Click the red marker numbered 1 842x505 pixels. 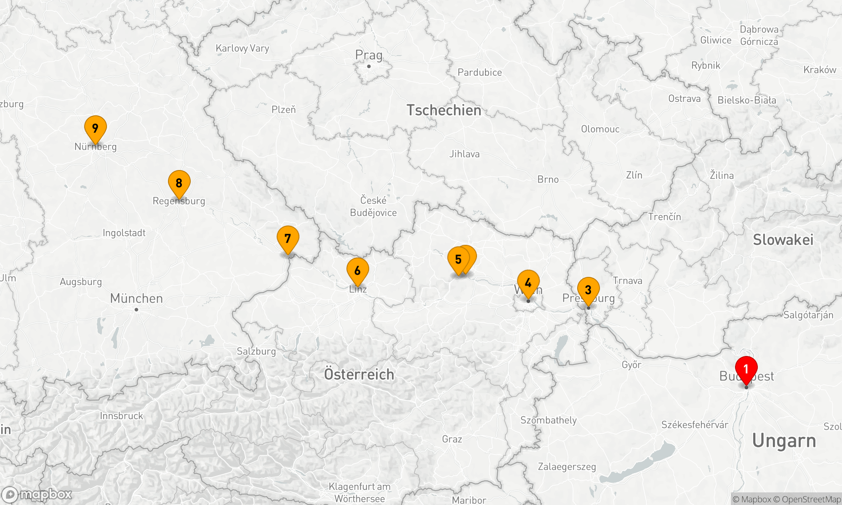746,369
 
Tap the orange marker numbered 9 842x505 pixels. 95,128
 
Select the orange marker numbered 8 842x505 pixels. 179,183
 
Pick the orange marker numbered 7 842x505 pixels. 288,238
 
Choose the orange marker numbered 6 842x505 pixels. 357,270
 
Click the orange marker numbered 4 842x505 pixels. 528,282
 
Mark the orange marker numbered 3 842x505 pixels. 588,290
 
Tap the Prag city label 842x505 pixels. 369,55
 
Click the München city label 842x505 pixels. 136,298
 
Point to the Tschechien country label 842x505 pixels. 444,110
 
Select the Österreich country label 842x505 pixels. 359,374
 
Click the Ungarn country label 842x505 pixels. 784,441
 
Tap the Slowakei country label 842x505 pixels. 783,239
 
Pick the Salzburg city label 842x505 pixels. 256,351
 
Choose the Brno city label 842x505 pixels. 548,179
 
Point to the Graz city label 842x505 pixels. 452,439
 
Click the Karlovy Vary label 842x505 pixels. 242,48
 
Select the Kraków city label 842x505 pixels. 819,70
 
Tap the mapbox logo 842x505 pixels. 37,494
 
